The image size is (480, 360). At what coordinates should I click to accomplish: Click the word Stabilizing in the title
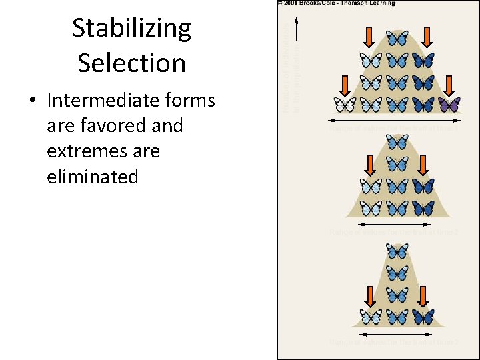131,29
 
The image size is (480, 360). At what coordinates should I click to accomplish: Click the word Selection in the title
131,63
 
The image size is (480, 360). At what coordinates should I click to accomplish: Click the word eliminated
93,177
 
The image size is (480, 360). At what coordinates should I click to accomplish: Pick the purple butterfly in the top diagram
449,105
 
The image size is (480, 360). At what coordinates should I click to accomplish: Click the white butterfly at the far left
345,105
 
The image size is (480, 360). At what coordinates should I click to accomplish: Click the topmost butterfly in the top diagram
397,39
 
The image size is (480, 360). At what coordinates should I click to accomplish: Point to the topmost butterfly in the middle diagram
397,141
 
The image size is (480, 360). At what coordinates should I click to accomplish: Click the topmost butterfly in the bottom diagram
397,251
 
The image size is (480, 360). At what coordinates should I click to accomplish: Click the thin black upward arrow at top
297,30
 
